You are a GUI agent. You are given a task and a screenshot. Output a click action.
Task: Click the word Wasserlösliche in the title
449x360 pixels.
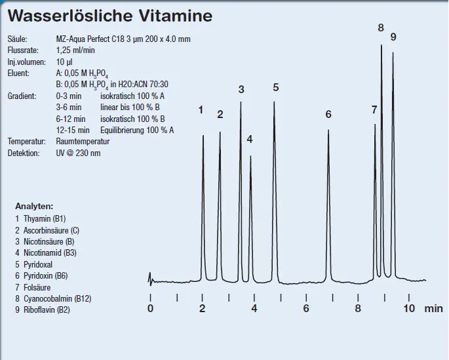(x=70, y=16)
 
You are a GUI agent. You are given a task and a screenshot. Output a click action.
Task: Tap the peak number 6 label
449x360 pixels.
(x=328, y=114)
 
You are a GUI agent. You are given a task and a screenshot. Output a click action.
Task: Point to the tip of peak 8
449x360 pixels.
(x=381, y=45)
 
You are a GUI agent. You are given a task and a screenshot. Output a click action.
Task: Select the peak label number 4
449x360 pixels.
(x=250, y=140)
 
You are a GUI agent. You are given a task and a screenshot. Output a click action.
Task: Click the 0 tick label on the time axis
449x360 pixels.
(x=150, y=308)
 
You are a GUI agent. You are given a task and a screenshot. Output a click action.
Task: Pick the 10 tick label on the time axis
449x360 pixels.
(x=409, y=308)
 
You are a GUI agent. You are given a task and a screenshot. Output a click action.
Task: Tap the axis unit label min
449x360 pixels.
(x=433, y=308)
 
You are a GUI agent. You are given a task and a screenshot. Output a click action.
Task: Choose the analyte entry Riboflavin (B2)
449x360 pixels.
(x=43, y=310)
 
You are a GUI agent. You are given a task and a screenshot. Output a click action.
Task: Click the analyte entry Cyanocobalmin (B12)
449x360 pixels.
(x=53, y=299)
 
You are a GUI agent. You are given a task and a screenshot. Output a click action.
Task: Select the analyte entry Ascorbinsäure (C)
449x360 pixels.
(x=47, y=231)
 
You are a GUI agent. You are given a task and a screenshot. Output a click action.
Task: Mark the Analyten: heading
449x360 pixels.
(x=34, y=206)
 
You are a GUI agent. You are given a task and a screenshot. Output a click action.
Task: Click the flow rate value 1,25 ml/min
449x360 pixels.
(x=75, y=50)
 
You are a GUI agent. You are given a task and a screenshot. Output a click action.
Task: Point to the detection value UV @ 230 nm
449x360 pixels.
(x=78, y=153)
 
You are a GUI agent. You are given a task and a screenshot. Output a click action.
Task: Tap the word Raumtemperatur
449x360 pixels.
(x=83, y=142)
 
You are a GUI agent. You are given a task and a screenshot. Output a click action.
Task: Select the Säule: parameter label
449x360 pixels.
(x=18, y=39)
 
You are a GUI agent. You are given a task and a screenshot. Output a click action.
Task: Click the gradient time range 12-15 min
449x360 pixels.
(x=73, y=130)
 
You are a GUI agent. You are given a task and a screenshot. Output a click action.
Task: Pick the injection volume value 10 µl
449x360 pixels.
(x=64, y=62)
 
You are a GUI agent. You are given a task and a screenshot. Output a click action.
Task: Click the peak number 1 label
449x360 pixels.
(x=201, y=110)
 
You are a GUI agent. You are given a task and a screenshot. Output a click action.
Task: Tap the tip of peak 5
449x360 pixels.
(x=274, y=102)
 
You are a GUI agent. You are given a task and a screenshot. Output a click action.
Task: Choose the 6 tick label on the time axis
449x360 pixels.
(x=306, y=308)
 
